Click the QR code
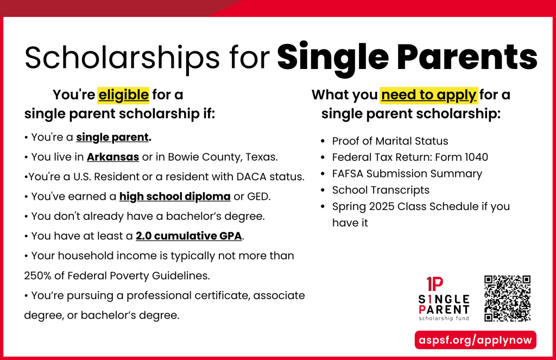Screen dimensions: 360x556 [x=507, y=298]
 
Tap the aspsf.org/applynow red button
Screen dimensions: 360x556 [x=476, y=340]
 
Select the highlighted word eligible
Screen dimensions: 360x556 [x=123, y=95]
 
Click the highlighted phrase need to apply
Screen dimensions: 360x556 [x=429, y=95]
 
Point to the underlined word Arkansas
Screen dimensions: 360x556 [x=113, y=157]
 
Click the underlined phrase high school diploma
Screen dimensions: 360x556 [x=175, y=196]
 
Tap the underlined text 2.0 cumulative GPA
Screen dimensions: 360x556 [x=188, y=236]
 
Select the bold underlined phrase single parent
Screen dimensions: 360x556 [x=112, y=137]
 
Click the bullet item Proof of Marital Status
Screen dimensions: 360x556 [x=390, y=141]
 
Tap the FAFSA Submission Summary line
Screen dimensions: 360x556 [x=407, y=174]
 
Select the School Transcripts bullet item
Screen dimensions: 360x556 [x=381, y=190]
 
